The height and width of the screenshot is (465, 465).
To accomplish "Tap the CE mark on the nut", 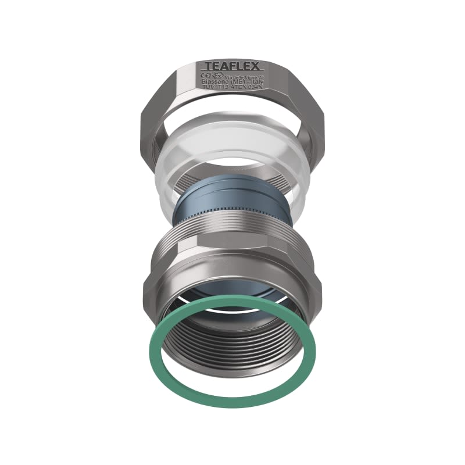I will pyautogui.click(x=205, y=75).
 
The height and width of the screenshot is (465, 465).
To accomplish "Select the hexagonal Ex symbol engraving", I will pyautogui.click(x=217, y=75).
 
